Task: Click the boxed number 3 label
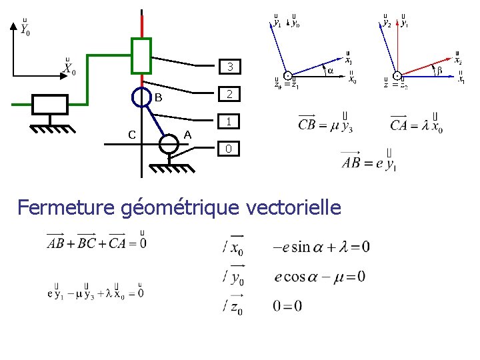pyautogui.click(x=229, y=67)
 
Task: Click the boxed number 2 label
pyautogui.click(x=229, y=94)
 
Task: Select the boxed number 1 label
pyautogui.click(x=229, y=121)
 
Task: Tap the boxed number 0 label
pyautogui.click(x=229, y=148)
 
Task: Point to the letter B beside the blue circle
pyautogui.click(x=159, y=98)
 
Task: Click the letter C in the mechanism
pyautogui.click(x=132, y=135)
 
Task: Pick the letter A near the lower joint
pyautogui.click(x=187, y=135)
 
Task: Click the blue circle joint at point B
pyautogui.click(x=141, y=97)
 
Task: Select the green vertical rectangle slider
pyautogui.click(x=141, y=55)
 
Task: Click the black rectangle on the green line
pyautogui.click(x=50, y=105)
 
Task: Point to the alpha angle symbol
pyautogui.click(x=329, y=70)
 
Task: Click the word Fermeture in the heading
pyautogui.click(x=67, y=207)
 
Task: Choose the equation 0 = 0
pyautogui.click(x=287, y=305)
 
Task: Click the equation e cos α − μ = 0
pyautogui.click(x=319, y=276)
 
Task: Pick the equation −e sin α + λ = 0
pyautogui.click(x=321, y=247)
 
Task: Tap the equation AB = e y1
pyautogui.click(x=369, y=161)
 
